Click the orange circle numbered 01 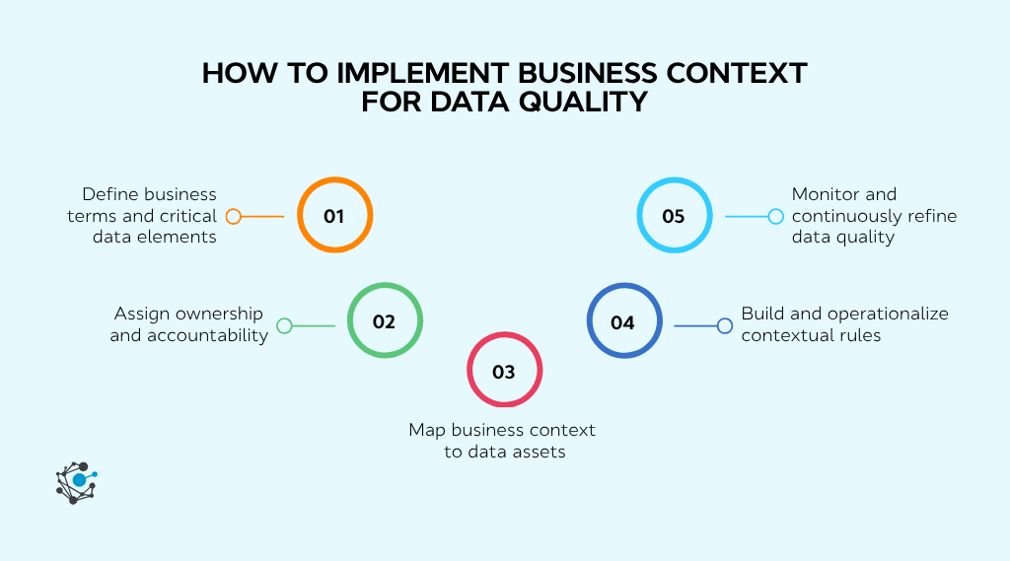point(334,216)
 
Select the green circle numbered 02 point(385,322)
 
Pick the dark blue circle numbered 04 point(623,322)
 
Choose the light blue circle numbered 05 point(674,216)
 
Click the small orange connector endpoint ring point(234,216)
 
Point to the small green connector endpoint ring point(284,325)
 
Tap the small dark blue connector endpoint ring point(724,325)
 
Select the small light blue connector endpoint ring point(775,216)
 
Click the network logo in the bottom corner point(76,482)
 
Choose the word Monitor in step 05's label point(828,194)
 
